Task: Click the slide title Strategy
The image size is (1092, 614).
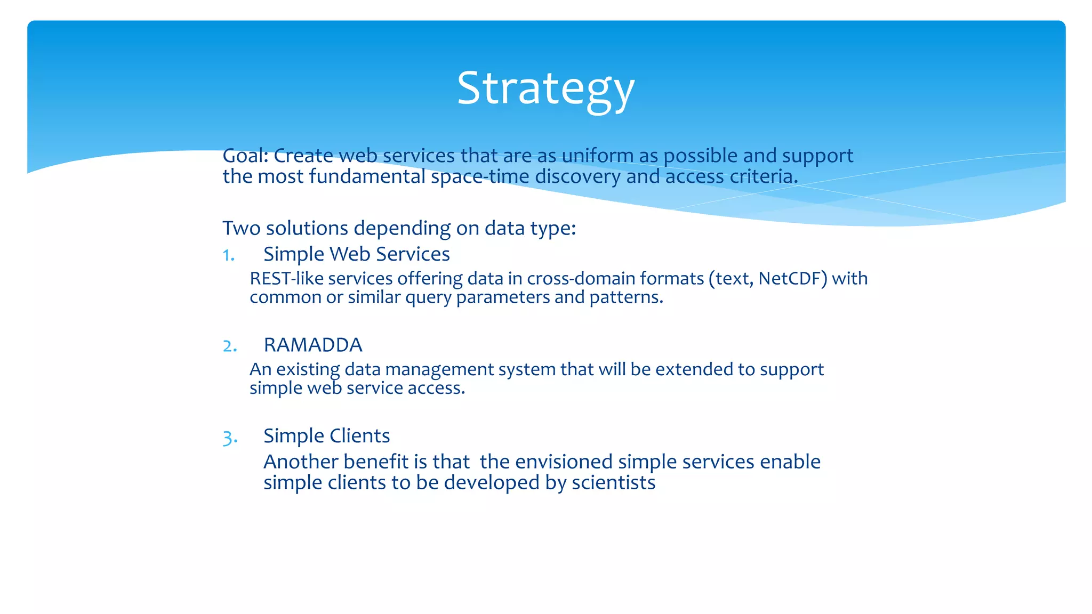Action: point(545,88)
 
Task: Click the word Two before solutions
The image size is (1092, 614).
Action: point(242,228)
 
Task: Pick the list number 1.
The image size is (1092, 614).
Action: point(229,255)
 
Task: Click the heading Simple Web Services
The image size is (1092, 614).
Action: point(356,254)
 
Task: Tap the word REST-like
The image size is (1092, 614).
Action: point(286,279)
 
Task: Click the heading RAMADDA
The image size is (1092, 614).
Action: point(313,345)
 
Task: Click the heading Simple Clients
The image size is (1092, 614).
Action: point(326,436)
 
